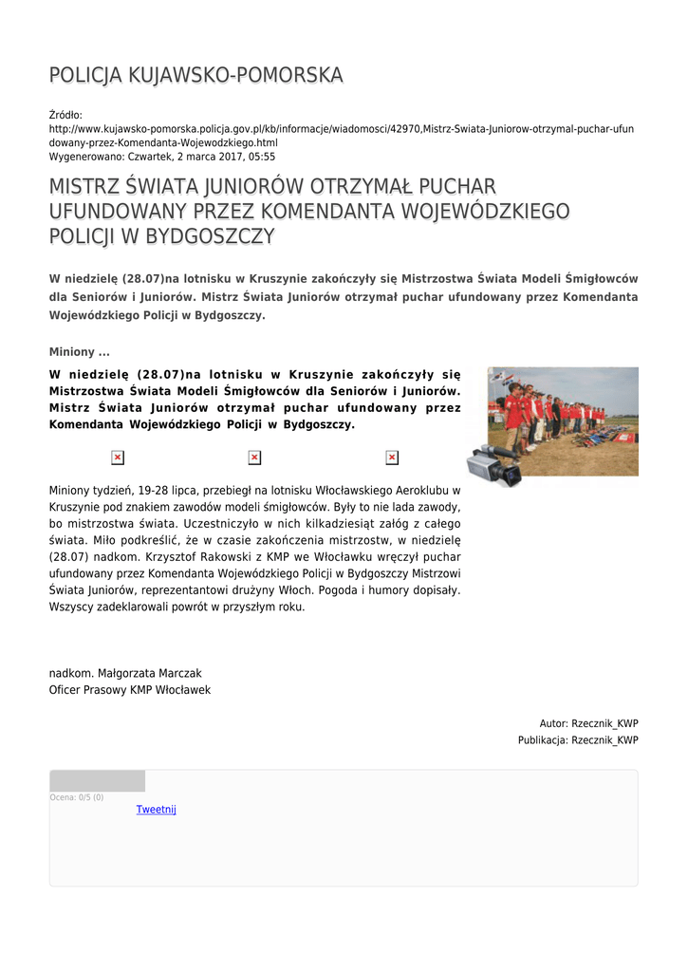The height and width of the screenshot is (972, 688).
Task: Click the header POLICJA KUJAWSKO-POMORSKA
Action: point(195,75)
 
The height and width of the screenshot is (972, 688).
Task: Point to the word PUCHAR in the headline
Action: point(444,187)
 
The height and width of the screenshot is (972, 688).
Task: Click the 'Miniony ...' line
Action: point(79,352)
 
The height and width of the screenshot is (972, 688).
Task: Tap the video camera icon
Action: point(493,464)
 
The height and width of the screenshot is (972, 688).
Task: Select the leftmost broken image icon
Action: point(118,458)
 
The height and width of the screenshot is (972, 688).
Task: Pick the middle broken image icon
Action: point(254,458)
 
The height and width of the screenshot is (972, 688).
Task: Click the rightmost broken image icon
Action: point(392,458)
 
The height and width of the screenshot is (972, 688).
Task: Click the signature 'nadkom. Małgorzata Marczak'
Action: point(125,673)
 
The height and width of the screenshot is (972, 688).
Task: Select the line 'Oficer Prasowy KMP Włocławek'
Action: point(130,690)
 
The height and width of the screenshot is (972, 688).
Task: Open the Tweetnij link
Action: point(156,810)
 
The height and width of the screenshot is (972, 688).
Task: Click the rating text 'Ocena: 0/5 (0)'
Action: point(77,797)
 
